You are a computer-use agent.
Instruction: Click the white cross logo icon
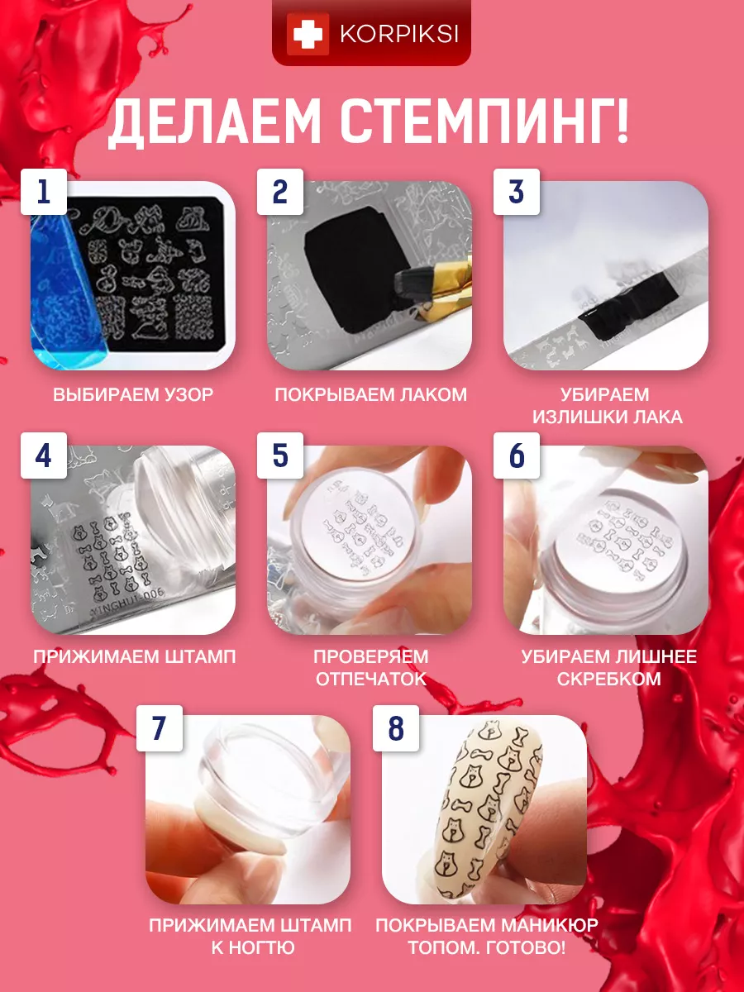click(308, 34)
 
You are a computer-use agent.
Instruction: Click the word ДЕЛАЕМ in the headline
click(214, 123)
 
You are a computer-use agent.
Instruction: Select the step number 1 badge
click(44, 192)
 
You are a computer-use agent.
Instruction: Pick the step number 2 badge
click(280, 192)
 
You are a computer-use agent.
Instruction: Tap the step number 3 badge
click(517, 192)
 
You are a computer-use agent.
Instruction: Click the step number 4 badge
click(44, 455)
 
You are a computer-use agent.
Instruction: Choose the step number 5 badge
click(280, 455)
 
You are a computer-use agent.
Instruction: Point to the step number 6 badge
click(517, 455)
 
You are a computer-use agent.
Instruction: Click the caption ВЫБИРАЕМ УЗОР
click(133, 394)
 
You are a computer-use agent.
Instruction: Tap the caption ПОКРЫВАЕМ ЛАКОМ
click(371, 394)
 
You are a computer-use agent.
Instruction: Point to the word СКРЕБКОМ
click(609, 679)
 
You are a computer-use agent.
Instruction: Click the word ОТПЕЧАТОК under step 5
click(371, 679)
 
